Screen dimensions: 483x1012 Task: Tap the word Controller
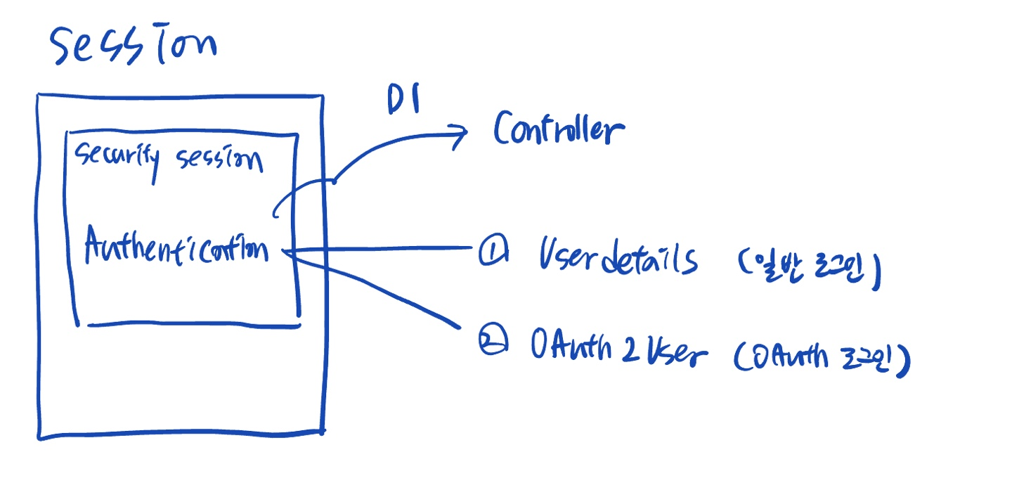tap(558, 130)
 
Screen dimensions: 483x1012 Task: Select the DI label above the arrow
tap(403, 101)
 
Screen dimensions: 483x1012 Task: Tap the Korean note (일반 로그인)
tap(808, 267)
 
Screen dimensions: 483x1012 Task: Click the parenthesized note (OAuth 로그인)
tap(822, 360)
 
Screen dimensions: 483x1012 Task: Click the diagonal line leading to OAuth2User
tap(379, 288)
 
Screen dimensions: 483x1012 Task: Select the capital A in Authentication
tap(95, 246)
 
